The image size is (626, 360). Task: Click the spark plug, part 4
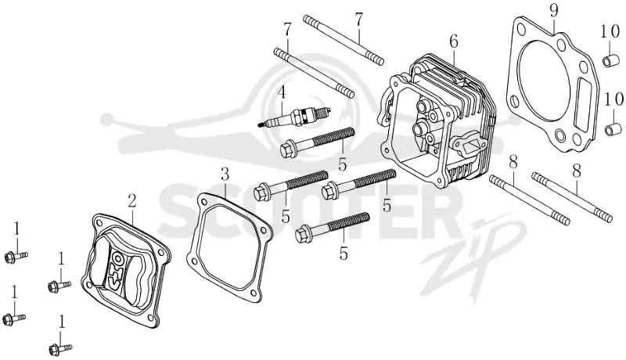294,117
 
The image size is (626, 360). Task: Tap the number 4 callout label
282,92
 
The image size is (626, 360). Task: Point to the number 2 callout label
132,201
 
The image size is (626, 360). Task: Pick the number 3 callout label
225,174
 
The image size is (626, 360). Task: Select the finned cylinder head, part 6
437,121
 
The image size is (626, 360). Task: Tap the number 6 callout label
453,41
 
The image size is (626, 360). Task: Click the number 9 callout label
553,11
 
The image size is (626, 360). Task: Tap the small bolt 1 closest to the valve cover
59,286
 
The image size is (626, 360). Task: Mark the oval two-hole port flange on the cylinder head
468,144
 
